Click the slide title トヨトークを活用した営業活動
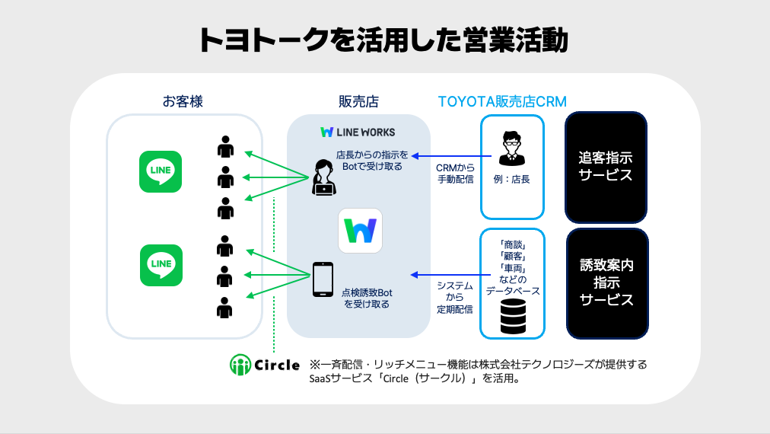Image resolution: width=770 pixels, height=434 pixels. coord(384,40)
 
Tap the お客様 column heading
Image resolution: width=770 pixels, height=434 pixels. coord(183,101)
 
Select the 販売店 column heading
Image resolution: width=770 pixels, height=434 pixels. coord(358,101)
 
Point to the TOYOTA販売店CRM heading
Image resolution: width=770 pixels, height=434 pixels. coord(502,101)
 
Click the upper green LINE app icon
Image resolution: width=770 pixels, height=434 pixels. coord(161,171)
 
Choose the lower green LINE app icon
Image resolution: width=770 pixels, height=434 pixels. coord(161,265)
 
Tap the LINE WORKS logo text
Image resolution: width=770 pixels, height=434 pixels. coord(358,132)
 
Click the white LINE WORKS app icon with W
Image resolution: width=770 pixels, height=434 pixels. coord(360,231)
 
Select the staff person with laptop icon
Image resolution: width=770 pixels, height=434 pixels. coord(323,178)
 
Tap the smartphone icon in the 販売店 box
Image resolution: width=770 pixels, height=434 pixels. coord(323,281)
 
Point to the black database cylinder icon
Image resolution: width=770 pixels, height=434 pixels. coord(513,316)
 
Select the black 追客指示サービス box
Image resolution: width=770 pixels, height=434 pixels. coord(606,168)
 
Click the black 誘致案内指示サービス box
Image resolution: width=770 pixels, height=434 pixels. coord(607,283)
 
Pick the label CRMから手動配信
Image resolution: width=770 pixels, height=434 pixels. coord(455,174)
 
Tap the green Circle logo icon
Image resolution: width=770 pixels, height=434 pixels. coord(241,365)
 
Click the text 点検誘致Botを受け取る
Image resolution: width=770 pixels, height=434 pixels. coord(367,298)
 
